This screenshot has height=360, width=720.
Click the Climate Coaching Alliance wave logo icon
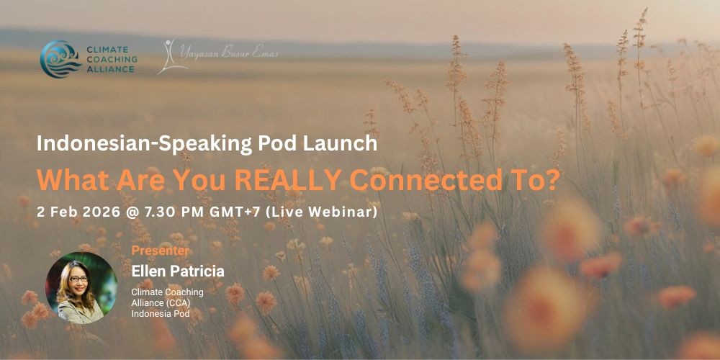coord(60,59)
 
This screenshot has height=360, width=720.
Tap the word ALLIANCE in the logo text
coord(112,69)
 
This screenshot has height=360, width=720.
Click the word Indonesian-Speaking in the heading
coord(144,144)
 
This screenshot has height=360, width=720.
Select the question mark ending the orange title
coord(552,181)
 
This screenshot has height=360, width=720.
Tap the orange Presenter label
coord(161,251)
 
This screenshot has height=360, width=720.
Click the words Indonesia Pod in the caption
coord(161,314)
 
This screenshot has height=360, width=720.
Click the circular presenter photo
coord(82,288)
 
